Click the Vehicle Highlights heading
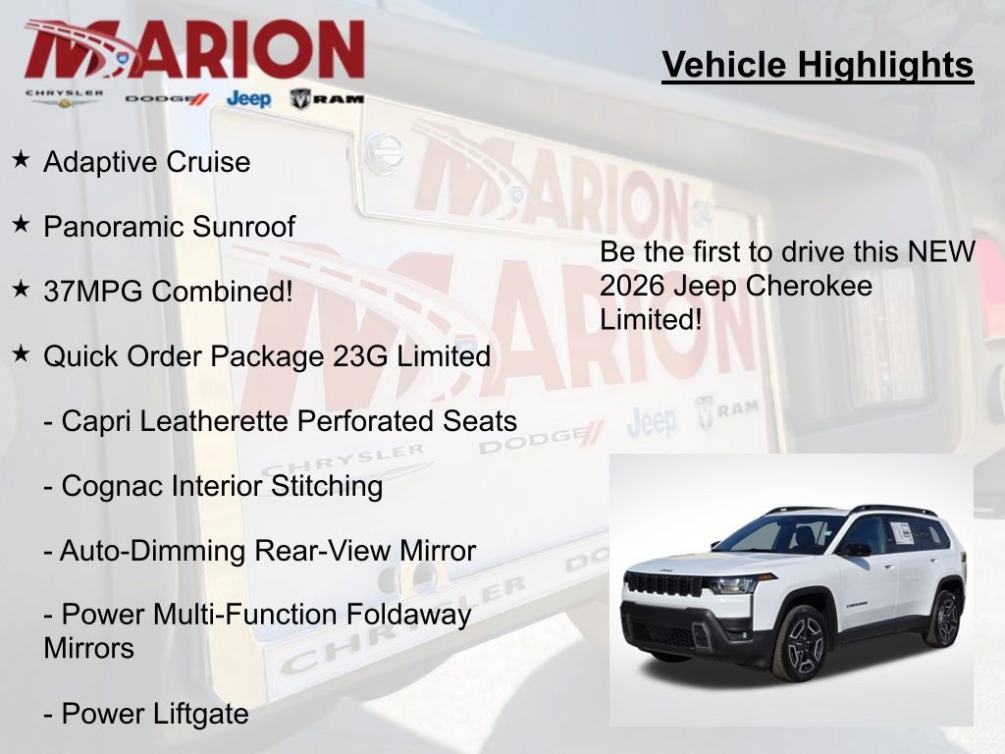pyautogui.click(x=818, y=65)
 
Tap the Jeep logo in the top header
pyautogui.click(x=248, y=98)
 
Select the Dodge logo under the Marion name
pyautogui.click(x=167, y=98)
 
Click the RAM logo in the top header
pyautogui.click(x=327, y=98)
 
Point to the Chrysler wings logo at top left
pyautogui.click(x=65, y=97)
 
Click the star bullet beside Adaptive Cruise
pyautogui.click(x=21, y=159)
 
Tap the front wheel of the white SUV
pyautogui.click(x=801, y=643)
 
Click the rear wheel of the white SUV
pyautogui.click(x=943, y=619)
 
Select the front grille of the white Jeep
pyautogui.click(x=663, y=583)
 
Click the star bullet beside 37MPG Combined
pyautogui.click(x=21, y=289)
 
